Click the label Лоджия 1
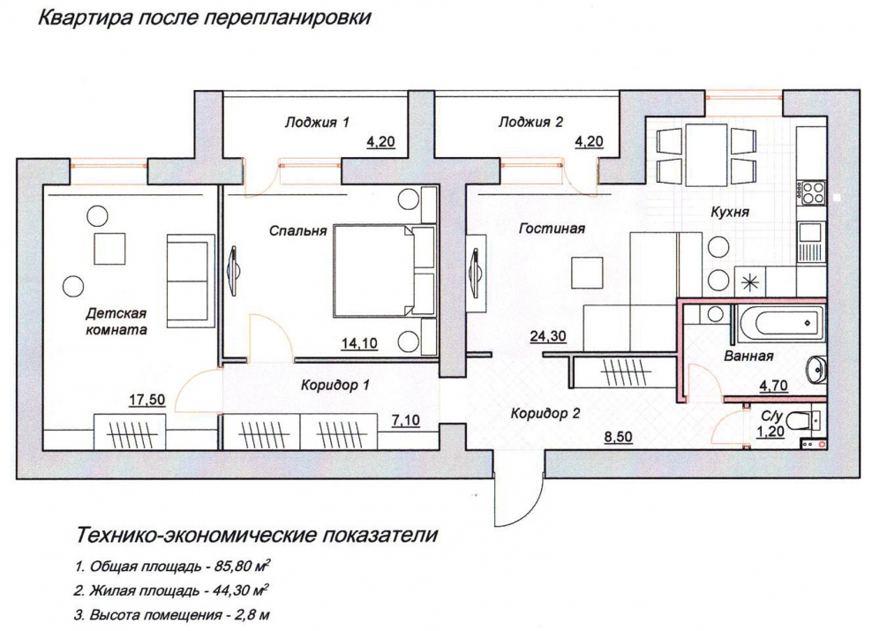point(317,123)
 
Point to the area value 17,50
point(147,400)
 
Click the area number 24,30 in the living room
point(548,335)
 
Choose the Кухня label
point(731,213)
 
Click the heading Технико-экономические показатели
point(257,536)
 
